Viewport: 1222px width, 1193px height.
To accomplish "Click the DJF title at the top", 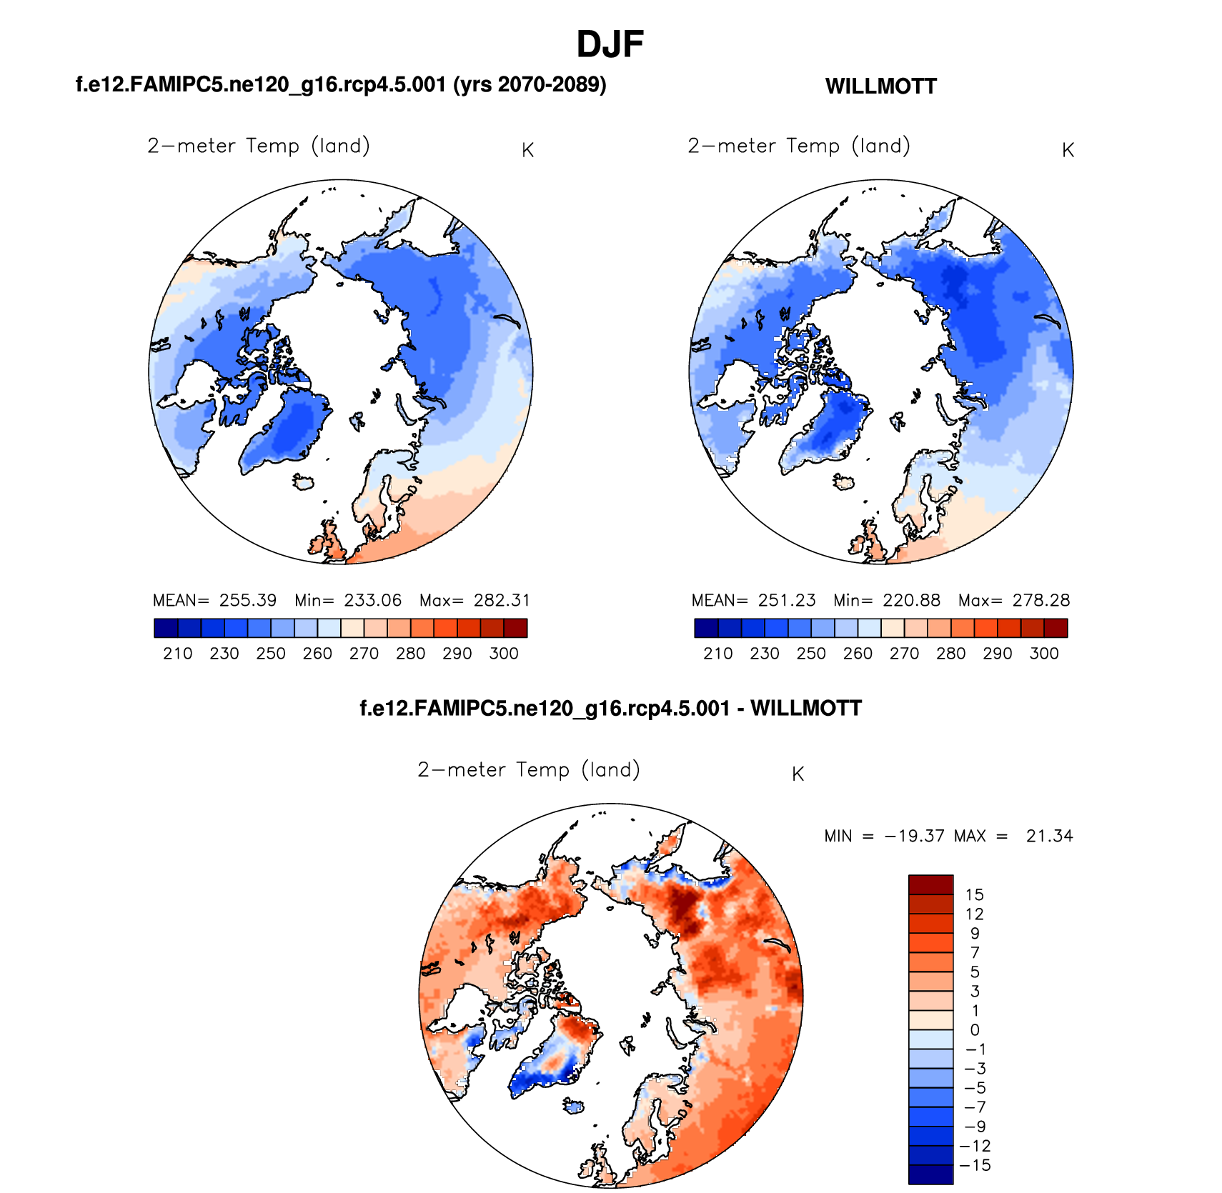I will click(x=610, y=44).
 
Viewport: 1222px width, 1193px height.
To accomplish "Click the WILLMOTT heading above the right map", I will click(x=880, y=86).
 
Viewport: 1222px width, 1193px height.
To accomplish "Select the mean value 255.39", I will click(x=247, y=600).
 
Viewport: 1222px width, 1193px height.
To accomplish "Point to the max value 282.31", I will click(x=502, y=600).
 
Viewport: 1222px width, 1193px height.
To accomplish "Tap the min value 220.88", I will click(x=911, y=600).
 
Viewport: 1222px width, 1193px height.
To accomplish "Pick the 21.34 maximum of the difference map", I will click(x=1049, y=836).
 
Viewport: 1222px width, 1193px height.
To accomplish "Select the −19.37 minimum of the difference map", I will click(x=914, y=836).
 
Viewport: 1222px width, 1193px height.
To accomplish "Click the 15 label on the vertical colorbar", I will click(x=974, y=894).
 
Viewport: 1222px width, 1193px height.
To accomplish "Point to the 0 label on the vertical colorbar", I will click(x=974, y=1030).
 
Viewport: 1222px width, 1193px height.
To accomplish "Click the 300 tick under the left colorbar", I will click(x=504, y=654).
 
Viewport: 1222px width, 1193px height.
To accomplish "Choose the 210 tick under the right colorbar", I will click(x=717, y=654).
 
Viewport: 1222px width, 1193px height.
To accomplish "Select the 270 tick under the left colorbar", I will click(x=364, y=654).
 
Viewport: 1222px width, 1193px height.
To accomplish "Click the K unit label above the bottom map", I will click(x=798, y=774).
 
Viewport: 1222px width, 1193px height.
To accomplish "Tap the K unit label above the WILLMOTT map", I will click(x=1068, y=150).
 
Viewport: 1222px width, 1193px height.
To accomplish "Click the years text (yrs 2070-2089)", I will click(x=530, y=85).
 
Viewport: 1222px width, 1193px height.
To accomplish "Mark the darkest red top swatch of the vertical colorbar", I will click(x=930, y=884).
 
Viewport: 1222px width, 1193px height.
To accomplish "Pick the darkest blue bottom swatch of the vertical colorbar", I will click(x=930, y=1174).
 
